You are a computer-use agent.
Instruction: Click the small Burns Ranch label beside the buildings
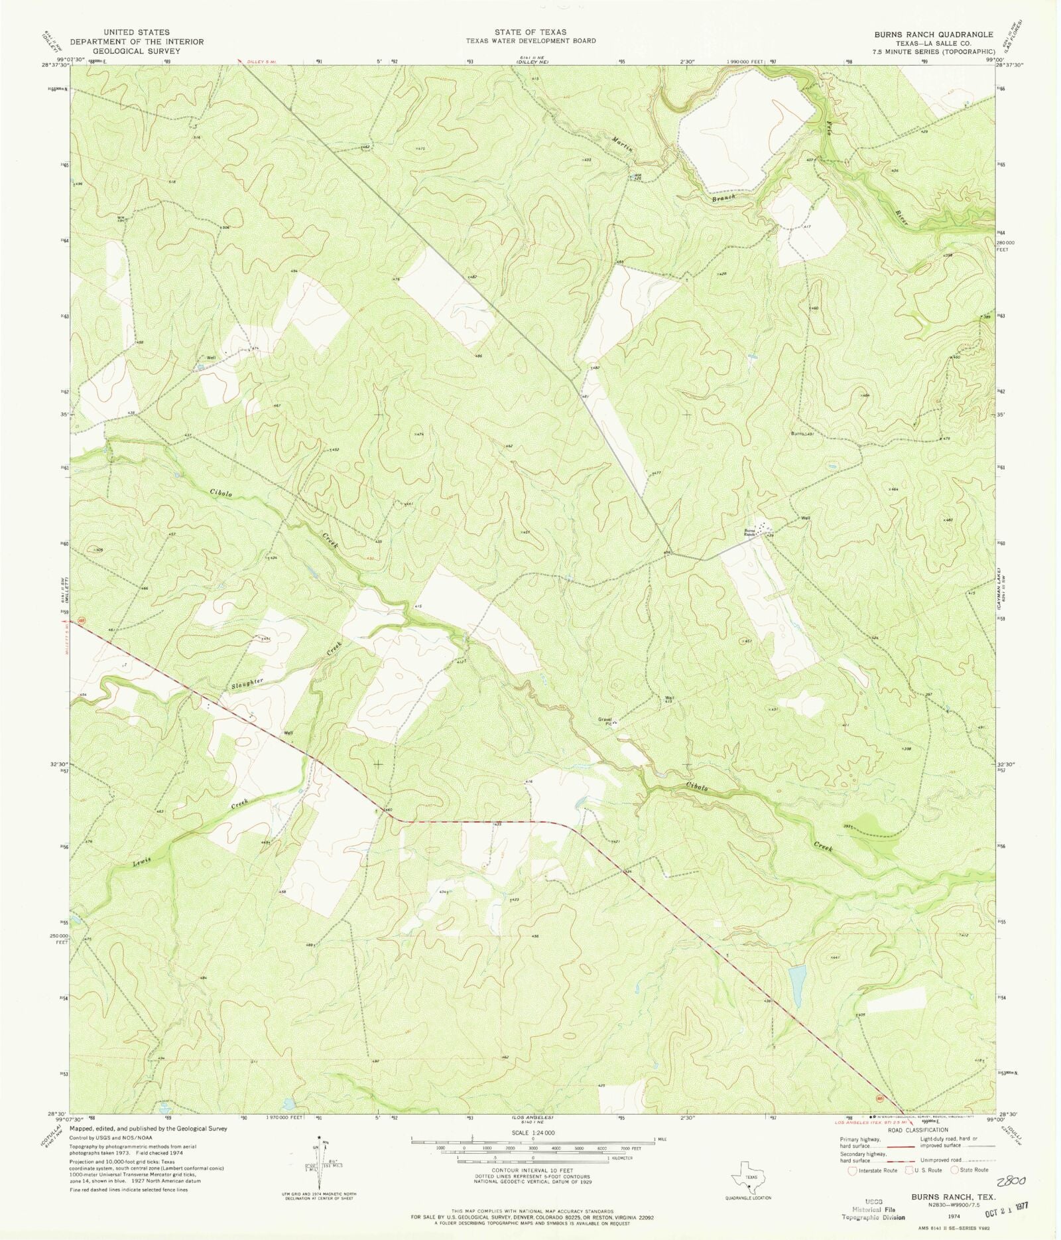point(749,532)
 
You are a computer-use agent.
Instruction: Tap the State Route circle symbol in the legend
point(956,1170)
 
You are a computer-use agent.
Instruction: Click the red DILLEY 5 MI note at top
point(259,62)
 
